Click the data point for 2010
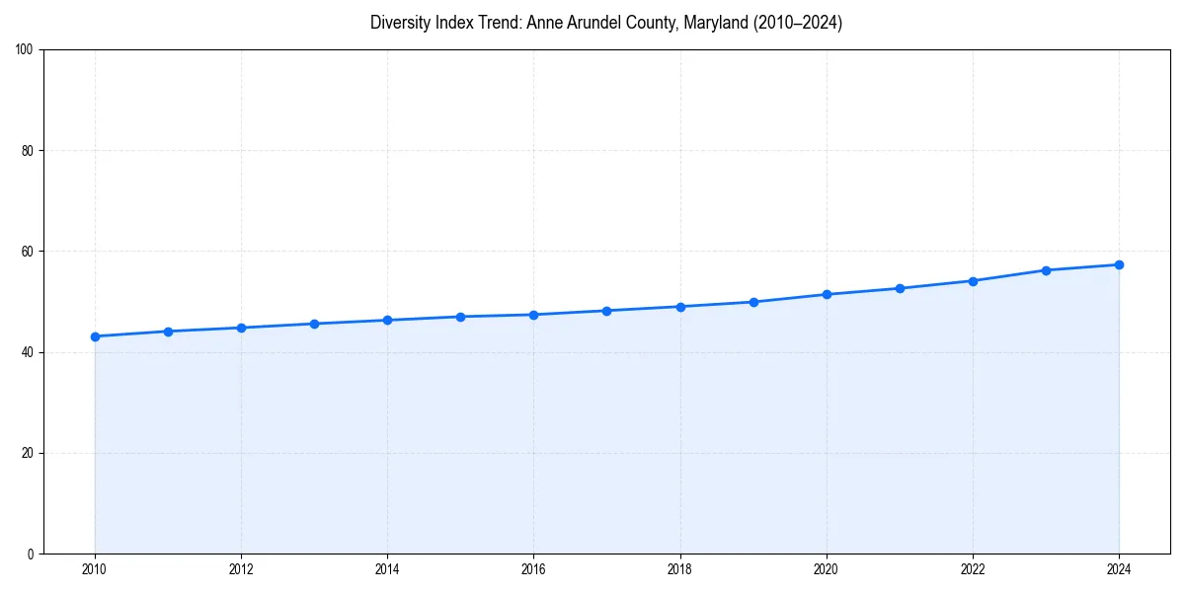pyautogui.click(x=95, y=336)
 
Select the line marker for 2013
pyautogui.click(x=314, y=324)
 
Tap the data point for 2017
pyautogui.click(x=606, y=311)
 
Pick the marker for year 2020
pyautogui.click(x=827, y=294)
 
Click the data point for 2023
pyautogui.click(x=1046, y=270)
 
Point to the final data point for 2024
pyautogui.click(x=1119, y=264)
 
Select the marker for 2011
pyautogui.click(x=168, y=332)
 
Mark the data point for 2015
pyautogui.click(x=460, y=317)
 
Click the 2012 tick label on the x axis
pyautogui.click(x=241, y=569)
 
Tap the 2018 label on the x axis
pyautogui.click(x=680, y=569)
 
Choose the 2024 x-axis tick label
pyautogui.click(x=1119, y=569)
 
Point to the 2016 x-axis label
pyautogui.click(x=533, y=569)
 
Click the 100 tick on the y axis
pyautogui.click(x=25, y=50)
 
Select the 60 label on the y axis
pyautogui.click(x=28, y=252)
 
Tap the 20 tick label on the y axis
pyautogui.click(x=28, y=453)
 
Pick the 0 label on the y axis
pyautogui.click(x=31, y=554)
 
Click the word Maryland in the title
pyautogui.click(x=723, y=23)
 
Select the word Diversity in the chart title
pyautogui.click(x=400, y=23)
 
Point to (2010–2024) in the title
pyautogui.click(x=798, y=23)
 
